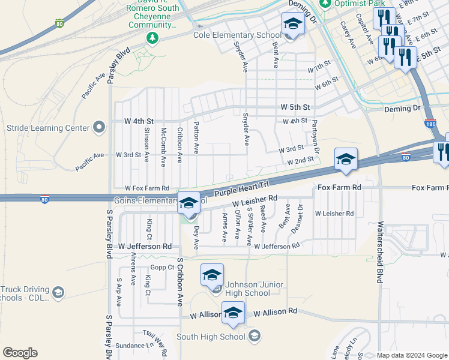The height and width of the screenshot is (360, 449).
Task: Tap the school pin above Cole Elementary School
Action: [x=293, y=24]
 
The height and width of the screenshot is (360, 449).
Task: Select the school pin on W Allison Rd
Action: [x=233, y=313]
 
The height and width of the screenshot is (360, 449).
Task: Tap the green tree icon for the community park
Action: [x=152, y=38]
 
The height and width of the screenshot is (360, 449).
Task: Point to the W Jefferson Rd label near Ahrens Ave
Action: [x=145, y=247]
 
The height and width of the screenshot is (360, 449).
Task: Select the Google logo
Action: [x=20, y=353]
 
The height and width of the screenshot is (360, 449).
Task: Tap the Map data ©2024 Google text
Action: [x=412, y=355]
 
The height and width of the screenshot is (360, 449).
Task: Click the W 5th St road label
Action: [x=295, y=107]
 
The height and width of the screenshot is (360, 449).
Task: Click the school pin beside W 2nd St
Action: [x=346, y=160]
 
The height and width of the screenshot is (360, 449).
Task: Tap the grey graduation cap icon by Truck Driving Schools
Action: [x=58, y=292]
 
